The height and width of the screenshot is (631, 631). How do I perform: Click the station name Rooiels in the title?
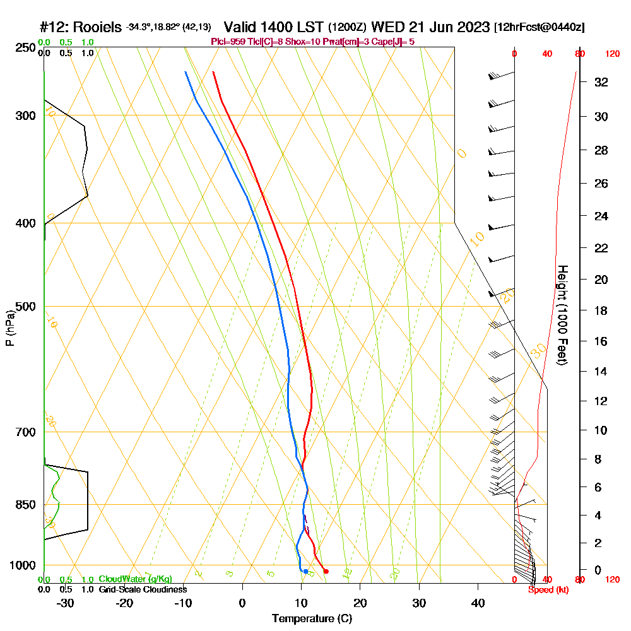pos(100,27)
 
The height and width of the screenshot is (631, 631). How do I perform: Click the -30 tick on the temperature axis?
pos(66,603)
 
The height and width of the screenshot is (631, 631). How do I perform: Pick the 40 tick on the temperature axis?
pos(478,603)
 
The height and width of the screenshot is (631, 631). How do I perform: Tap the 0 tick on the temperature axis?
pos(242,603)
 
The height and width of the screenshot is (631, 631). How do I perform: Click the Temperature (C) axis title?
pos(312,619)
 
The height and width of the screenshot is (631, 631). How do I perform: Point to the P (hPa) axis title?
pos(9,327)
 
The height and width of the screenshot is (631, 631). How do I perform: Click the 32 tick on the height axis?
pos(601,81)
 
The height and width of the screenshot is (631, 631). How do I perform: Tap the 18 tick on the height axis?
pos(601,310)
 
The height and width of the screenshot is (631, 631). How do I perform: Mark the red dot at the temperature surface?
pos(326,572)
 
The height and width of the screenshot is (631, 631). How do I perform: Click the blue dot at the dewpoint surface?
pos(305,572)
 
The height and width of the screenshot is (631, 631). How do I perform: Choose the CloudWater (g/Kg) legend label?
pos(135,579)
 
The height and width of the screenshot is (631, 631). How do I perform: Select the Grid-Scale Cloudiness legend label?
pos(143,589)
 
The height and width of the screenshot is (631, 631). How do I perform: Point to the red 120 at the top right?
pos(612,54)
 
